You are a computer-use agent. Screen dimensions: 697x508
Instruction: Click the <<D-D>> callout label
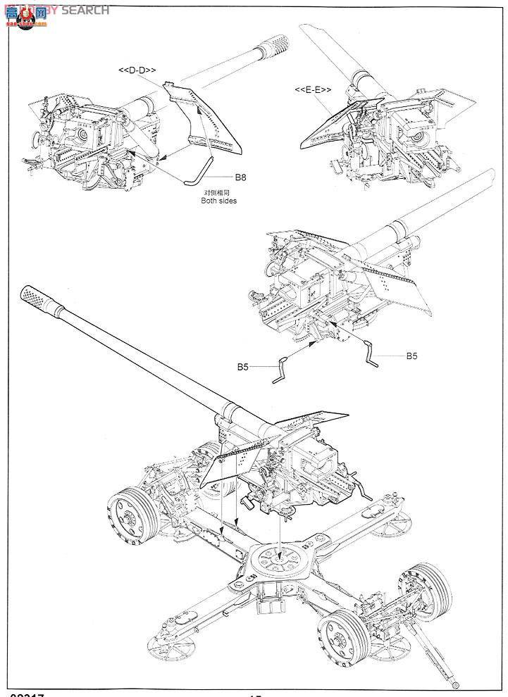(137, 70)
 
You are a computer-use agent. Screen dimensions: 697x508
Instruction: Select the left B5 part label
(243, 367)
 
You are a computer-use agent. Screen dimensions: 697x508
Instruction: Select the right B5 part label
(412, 356)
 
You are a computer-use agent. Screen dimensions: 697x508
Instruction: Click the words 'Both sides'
(218, 201)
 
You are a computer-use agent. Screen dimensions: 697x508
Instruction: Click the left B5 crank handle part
(282, 370)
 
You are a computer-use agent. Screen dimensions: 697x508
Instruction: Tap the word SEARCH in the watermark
(85, 10)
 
